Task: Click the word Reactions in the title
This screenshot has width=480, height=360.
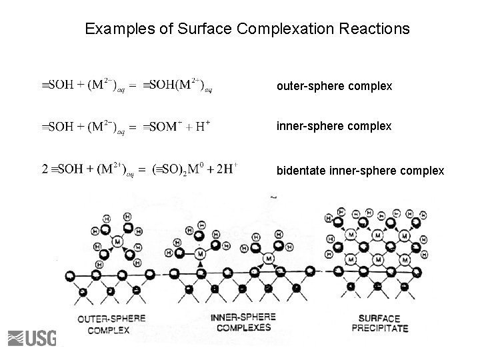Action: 375,30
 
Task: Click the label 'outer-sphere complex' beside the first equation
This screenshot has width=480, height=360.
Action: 334,87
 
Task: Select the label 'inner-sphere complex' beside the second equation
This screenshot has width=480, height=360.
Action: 334,125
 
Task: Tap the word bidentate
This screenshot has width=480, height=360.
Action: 301,171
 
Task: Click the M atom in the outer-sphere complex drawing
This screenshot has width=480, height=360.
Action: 118,240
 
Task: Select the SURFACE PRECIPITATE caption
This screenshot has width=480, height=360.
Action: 379,323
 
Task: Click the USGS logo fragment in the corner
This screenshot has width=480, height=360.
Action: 31,338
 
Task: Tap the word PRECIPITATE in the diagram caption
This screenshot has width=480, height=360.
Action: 379,329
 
